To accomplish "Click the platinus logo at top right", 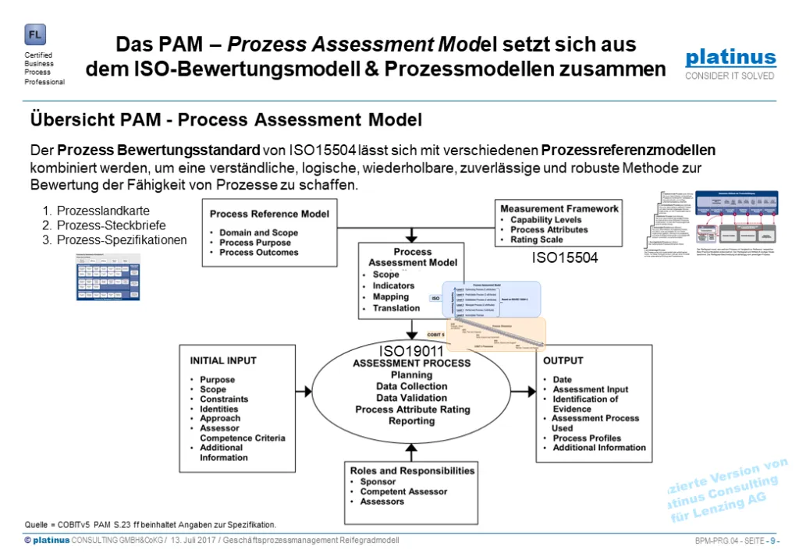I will coord(730,58).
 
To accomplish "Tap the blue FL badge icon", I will coord(35,35).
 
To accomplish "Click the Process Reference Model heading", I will coord(269,214).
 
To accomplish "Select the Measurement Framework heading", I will coord(559,209).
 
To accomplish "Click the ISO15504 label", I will coord(565,257).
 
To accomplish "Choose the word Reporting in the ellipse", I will coord(411,421).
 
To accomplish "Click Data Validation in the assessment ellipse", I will coord(411,398).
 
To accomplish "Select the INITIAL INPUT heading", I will coord(223,361).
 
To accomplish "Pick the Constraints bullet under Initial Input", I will coord(224,399).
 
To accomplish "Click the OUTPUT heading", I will coord(563,361).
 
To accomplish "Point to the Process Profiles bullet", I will coord(587,438).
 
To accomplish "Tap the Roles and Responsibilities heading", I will coord(412,471).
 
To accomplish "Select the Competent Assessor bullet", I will coord(403,491).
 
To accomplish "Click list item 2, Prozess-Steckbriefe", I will coord(111,225).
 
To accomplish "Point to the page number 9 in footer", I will coord(772,541).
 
